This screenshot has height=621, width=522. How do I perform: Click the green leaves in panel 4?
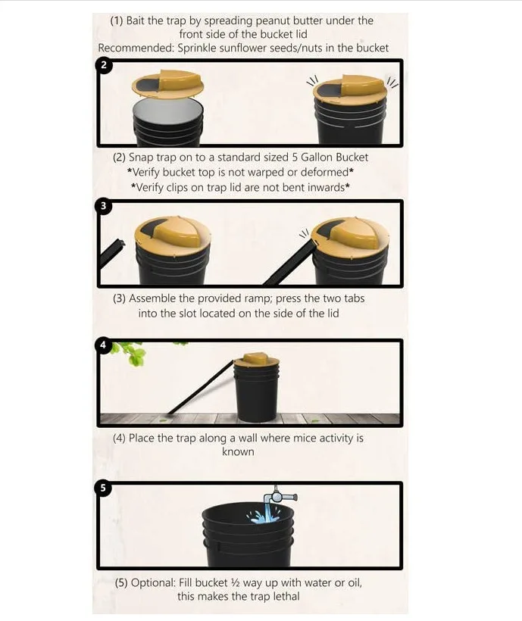tap(130, 352)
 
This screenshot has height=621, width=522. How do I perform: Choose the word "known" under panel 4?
tap(238, 451)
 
